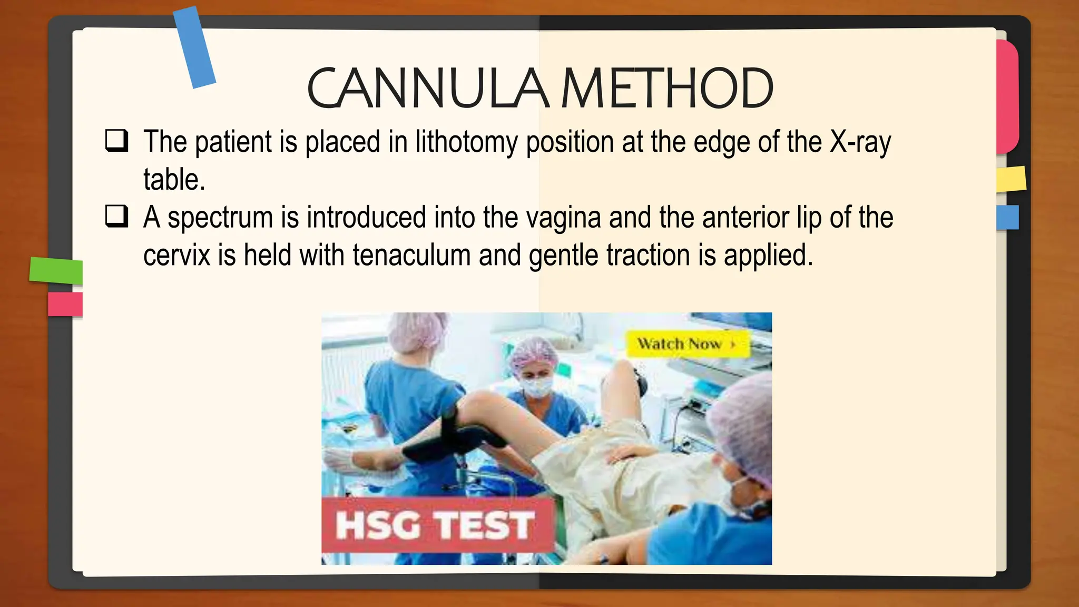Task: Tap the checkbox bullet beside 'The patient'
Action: tap(116, 141)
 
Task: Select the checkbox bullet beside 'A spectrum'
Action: tap(116, 216)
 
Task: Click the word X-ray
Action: tap(860, 142)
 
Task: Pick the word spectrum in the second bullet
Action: tap(220, 218)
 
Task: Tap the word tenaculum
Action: tap(411, 256)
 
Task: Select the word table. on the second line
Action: tap(174, 180)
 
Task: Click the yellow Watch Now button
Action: tap(686, 344)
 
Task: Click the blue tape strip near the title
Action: tap(194, 47)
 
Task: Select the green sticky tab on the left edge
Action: tap(56, 270)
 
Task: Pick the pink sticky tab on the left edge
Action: tap(65, 304)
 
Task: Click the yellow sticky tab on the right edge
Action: tap(1011, 179)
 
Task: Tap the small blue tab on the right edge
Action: tap(1007, 217)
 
